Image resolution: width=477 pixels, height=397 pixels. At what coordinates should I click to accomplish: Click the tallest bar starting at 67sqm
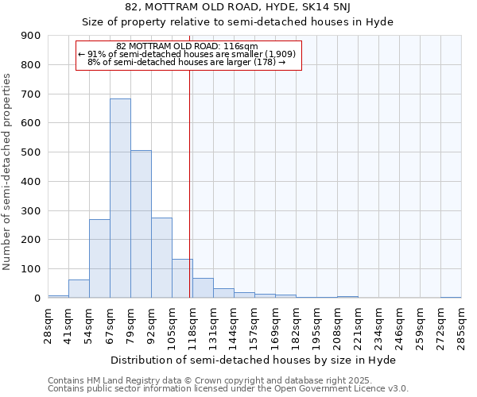point(120,198)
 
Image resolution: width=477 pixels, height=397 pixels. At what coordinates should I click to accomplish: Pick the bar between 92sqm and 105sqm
point(161,257)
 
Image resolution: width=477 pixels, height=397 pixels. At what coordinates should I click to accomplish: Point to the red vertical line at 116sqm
point(190,175)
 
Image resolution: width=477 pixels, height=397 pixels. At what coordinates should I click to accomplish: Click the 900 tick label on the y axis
point(30,36)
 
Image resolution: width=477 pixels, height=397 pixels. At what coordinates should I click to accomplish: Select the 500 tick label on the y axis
point(30,152)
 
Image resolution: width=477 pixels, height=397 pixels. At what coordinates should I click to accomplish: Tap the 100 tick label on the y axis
point(30,269)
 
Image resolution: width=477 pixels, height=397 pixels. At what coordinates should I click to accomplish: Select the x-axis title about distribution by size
point(253,360)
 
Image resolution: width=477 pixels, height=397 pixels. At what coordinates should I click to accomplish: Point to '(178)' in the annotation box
point(263,61)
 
